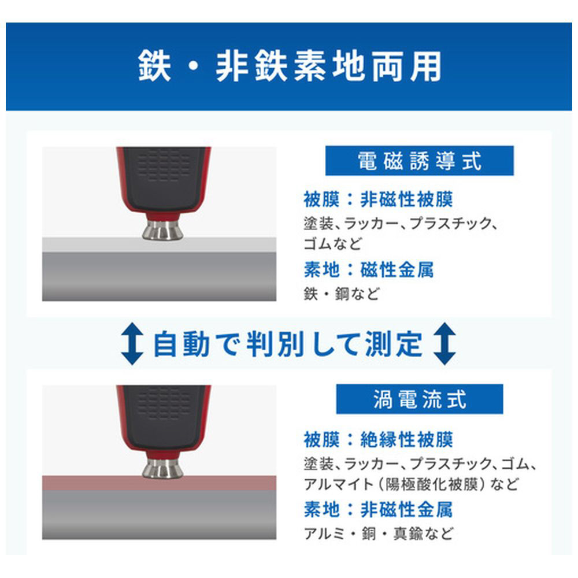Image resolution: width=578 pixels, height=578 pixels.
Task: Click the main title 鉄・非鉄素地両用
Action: pos(290,66)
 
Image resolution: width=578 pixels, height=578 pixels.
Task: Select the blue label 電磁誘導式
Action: pos(419,161)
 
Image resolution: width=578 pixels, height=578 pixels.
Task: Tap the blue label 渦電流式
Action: pos(420,399)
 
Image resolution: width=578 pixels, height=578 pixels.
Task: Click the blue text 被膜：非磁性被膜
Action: pos(378,199)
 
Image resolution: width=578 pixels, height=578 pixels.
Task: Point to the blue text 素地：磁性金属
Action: pos(369,269)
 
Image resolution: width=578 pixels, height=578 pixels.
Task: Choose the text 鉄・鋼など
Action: pos(342,294)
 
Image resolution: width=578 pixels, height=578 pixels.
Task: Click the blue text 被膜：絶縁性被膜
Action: pos(378,439)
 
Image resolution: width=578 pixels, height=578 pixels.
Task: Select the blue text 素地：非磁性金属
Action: pos(378,509)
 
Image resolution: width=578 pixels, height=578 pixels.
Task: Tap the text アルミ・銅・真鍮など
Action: pos(379,533)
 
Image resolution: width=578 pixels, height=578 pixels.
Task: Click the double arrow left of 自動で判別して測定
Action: pos(132,343)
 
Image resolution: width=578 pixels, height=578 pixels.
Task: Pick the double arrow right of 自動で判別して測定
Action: pos(444,343)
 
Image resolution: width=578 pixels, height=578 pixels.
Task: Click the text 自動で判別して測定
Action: pos(288,344)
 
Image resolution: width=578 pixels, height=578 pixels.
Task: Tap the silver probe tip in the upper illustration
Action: pos(162,231)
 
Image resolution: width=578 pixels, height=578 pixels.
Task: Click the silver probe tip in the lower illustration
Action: pos(162,469)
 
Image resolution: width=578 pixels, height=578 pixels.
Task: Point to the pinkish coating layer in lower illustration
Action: pos(160,483)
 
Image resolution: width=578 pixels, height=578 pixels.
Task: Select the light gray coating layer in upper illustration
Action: pos(160,244)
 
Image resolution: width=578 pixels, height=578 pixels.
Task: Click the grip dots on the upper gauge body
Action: pos(164,168)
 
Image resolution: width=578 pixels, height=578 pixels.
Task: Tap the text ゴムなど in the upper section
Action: pos(332,244)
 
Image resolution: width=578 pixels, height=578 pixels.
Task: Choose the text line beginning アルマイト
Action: pos(412,484)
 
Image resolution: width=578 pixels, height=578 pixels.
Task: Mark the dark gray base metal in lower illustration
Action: pos(160,514)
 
